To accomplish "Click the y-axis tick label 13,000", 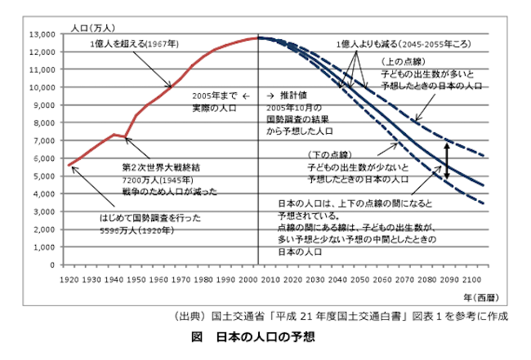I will coord(39,34).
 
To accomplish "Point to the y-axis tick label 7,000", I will coord(42,140).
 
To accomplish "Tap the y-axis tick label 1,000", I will coord(42,247).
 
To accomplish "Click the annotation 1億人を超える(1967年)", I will coord(135,43).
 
